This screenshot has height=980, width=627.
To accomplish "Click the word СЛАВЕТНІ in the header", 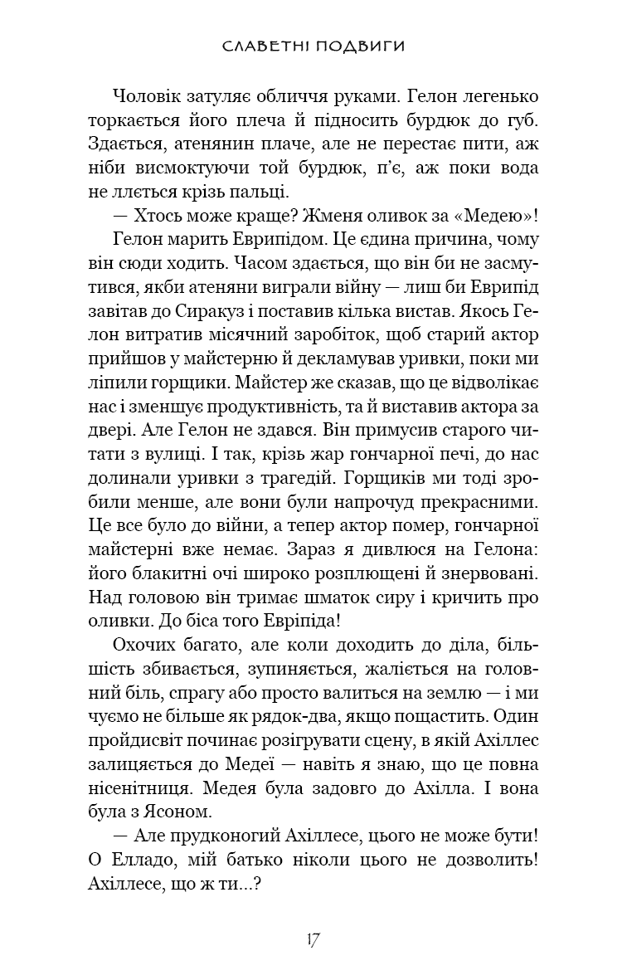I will [x=265, y=46].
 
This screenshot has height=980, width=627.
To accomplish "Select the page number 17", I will [x=313, y=939].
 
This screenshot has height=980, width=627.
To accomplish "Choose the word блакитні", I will [x=153, y=573].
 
